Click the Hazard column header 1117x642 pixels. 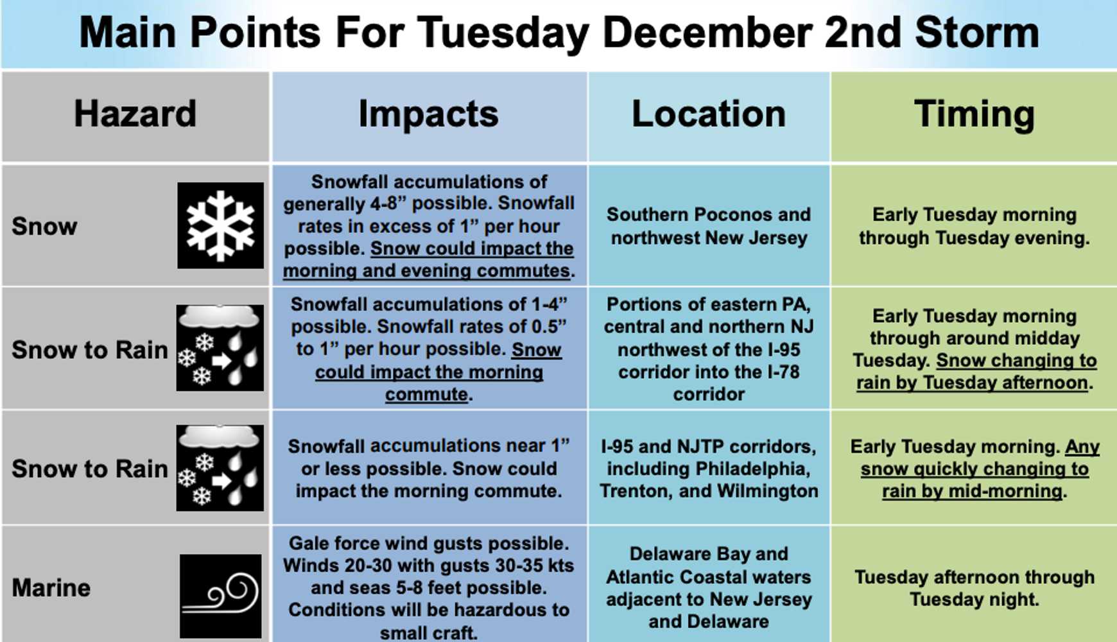[135, 114]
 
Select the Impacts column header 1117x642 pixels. [428, 115]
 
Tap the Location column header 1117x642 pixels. [709, 114]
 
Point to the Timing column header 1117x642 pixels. [974, 115]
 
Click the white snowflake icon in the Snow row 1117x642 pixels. [220, 225]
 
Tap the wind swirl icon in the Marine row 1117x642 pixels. [220, 596]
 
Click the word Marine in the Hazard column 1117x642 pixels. [51, 587]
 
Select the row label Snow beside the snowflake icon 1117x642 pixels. [44, 226]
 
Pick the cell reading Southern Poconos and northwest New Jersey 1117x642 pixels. [709, 226]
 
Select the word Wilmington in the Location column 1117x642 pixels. [768, 491]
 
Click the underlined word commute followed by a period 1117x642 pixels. [426, 394]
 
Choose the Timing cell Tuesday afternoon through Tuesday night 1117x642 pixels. [974, 588]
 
